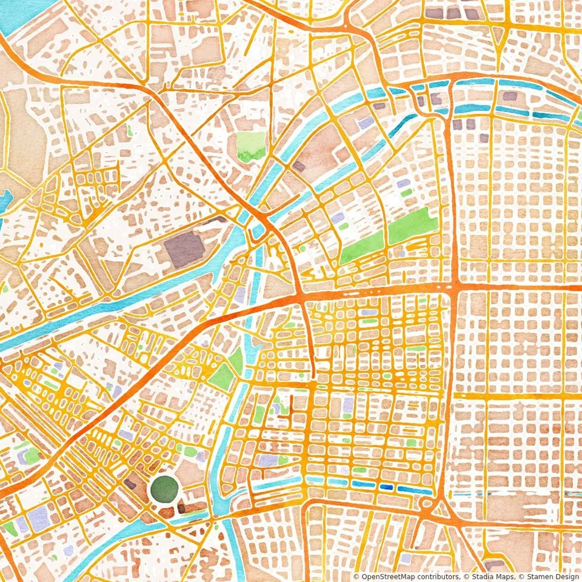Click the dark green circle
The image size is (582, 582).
(164, 489)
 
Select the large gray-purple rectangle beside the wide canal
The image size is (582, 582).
(185, 249)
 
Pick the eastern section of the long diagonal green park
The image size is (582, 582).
(413, 227)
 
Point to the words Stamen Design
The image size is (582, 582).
(552, 577)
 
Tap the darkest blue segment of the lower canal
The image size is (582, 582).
(386, 487)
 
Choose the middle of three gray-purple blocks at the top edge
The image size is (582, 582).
(453, 12)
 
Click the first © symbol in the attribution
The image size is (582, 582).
(356, 577)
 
